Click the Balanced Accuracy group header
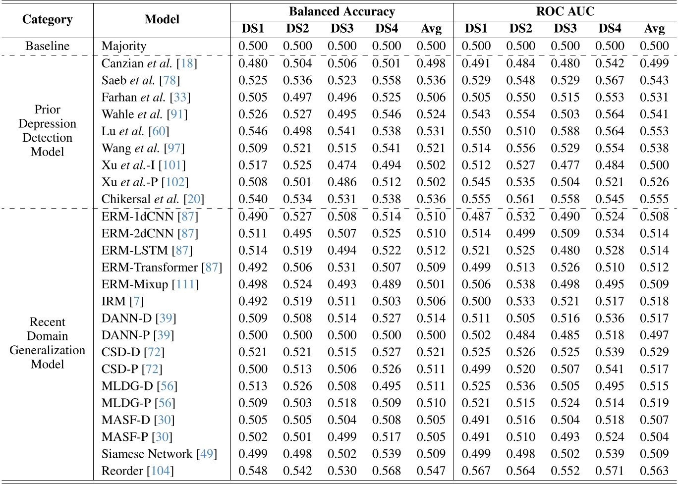[x=342, y=11]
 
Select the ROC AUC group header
[x=565, y=11]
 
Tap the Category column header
[x=47, y=19]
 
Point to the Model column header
[x=162, y=19]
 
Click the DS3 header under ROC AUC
[x=565, y=29]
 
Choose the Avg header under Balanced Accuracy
[x=431, y=29]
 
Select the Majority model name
[x=124, y=46]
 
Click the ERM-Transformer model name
[x=150, y=268]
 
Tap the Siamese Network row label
[x=147, y=454]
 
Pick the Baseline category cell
[x=47, y=46]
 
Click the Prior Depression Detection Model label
[x=47, y=131]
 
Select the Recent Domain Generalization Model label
[x=47, y=343]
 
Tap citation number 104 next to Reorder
[x=160, y=471]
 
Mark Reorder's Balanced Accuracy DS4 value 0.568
[x=387, y=471]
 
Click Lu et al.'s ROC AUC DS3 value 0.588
[x=565, y=131]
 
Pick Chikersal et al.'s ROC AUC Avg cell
[x=654, y=199]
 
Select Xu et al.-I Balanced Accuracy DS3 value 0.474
[x=342, y=165]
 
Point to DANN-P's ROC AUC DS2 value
[x=520, y=335]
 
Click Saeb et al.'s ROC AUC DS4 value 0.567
[x=610, y=80]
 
